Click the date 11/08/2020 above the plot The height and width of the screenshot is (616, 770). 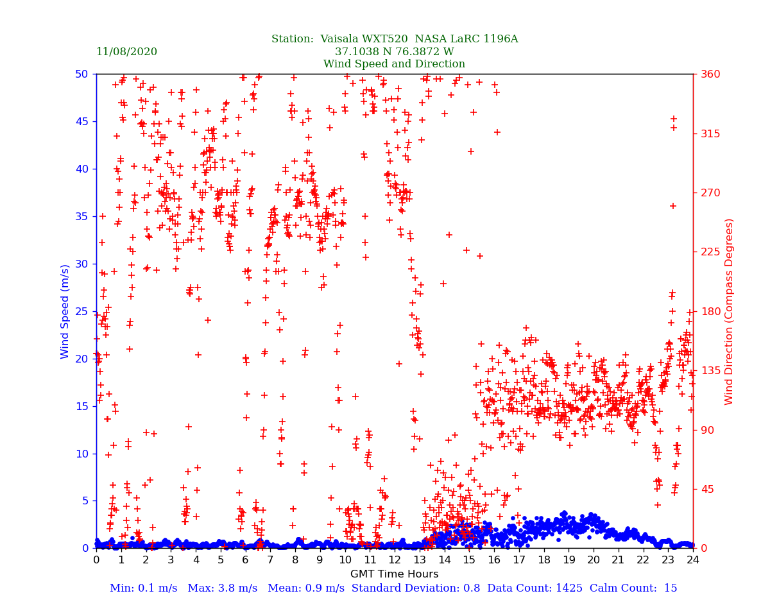(126, 52)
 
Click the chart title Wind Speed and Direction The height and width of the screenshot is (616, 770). (394, 64)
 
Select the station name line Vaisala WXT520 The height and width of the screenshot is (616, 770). (394, 39)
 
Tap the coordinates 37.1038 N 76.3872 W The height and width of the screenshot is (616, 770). (394, 52)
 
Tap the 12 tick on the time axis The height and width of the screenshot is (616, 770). (395, 560)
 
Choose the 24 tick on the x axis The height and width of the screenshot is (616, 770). (693, 560)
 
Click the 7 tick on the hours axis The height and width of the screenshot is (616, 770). (270, 560)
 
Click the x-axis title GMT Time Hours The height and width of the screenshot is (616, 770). (394, 574)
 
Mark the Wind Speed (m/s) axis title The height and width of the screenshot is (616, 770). (65, 311)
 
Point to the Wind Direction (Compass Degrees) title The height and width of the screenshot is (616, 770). (729, 311)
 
